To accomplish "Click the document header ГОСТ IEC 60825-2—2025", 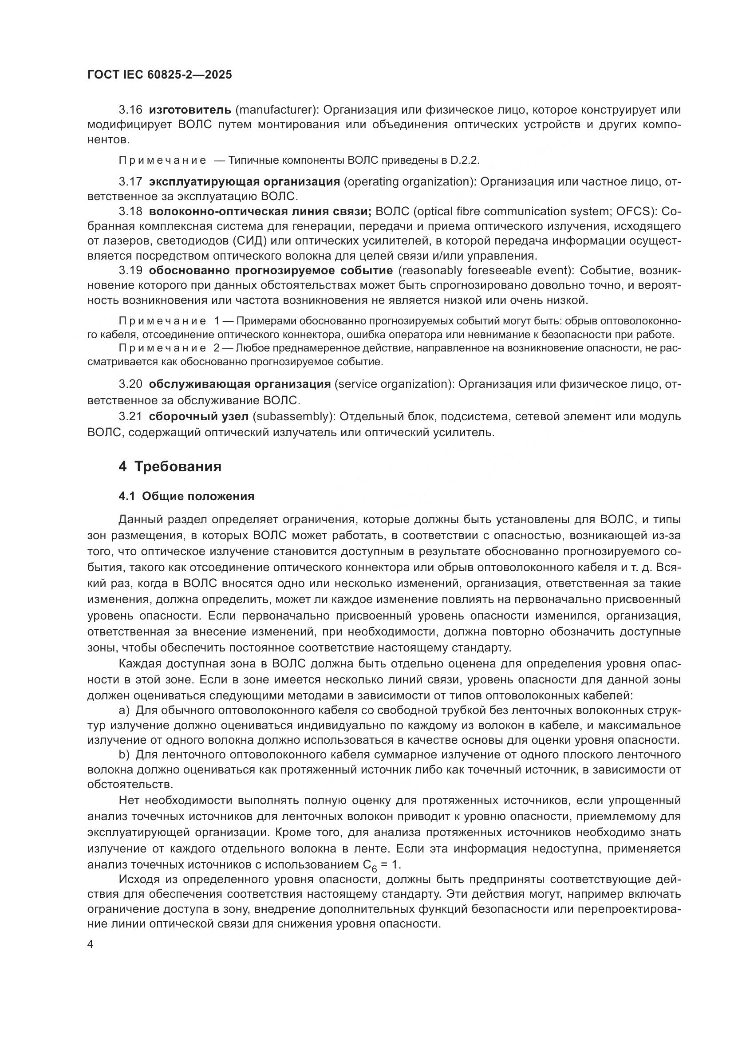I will coord(160,75).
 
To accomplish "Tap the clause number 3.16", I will coord(130,110).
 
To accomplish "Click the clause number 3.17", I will coord(130,182).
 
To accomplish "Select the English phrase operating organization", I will coord(409,182).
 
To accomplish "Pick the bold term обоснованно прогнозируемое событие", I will coord(271,270).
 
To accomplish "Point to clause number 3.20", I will coord(130,384).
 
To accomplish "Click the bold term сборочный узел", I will coord(198,416).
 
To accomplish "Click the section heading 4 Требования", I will coord(170,466).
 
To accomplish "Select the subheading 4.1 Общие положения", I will coord(186,497).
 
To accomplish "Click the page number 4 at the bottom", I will coord(90,945).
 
